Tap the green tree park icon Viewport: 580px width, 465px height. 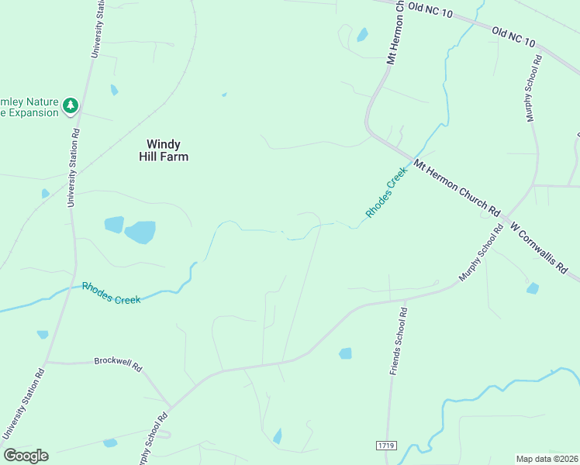click(x=71, y=105)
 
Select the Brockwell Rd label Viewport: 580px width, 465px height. click(x=119, y=362)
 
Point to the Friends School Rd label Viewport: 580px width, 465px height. click(x=399, y=340)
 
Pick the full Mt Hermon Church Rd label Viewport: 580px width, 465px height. click(x=457, y=187)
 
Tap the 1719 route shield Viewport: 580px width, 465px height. click(x=385, y=446)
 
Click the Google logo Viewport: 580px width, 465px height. click(x=26, y=456)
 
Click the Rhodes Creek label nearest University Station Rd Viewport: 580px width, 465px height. click(x=111, y=293)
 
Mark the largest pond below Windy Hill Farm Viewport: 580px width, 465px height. click(x=140, y=232)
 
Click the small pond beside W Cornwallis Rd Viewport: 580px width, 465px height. click(x=533, y=288)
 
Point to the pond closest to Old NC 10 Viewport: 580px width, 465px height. click(x=362, y=35)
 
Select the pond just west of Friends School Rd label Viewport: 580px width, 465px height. click(x=345, y=353)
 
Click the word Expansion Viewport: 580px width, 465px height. click(x=29, y=113)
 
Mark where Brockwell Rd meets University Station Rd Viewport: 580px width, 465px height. click(x=46, y=362)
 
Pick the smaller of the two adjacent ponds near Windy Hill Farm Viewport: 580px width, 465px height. click(x=114, y=225)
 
